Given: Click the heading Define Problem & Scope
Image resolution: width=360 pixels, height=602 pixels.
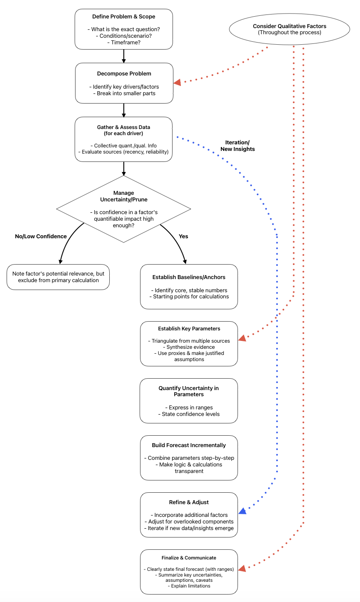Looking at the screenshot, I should [x=123, y=17].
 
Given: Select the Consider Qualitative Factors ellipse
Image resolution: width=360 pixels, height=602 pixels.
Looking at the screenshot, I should [x=289, y=29].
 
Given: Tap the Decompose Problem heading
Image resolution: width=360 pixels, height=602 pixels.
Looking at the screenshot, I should [x=124, y=74].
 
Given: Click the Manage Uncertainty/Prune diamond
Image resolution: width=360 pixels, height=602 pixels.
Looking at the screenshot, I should [x=124, y=209].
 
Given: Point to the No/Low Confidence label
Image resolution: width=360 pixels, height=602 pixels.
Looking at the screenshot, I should [x=41, y=236].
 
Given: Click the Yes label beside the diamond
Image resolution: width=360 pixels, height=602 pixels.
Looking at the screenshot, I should [x=184, y=236].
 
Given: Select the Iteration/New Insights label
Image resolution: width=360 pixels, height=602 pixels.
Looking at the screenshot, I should [x=238, y=146].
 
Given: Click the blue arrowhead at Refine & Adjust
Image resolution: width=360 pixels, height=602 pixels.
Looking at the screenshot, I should [x=242, y=511].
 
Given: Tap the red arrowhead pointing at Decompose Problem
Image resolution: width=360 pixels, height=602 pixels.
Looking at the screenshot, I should [x=177, y=82].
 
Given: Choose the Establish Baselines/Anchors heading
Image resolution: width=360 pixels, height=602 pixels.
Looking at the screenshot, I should [x=189, y=277].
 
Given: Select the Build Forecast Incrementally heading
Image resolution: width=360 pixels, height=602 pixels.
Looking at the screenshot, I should [x=189, y=445].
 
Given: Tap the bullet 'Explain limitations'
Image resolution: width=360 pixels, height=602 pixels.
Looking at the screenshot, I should [x=189, y=586].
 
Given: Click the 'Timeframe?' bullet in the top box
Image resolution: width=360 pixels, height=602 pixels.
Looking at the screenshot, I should [x=123, y=42].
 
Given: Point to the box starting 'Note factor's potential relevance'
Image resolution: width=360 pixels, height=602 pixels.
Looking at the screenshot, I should [x=58, y=277].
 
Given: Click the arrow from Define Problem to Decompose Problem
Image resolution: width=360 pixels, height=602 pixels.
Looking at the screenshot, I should [x=124, y=56].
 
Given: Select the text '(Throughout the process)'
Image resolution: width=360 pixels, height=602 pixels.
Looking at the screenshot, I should [x=289, y=33].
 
